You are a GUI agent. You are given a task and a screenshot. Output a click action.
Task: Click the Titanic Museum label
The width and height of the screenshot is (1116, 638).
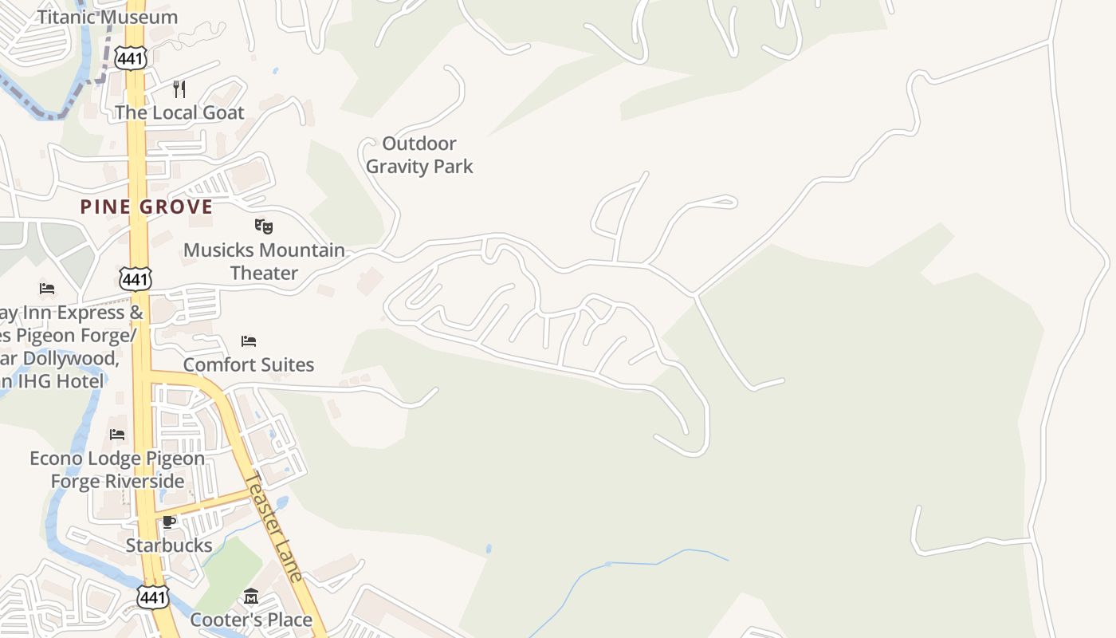pos(108,17)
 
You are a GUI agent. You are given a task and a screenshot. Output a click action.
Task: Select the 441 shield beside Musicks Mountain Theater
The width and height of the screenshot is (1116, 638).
pos(136,278)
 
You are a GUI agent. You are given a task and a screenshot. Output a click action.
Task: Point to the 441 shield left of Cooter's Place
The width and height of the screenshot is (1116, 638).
pos(152,597)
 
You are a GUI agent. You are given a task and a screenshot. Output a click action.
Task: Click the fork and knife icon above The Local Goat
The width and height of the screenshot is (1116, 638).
pos(179,89)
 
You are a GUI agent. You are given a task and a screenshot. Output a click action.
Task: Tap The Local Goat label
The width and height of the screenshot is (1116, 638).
pos(179,112)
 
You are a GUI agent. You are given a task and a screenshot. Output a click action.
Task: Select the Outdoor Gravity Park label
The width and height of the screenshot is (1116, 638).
pos(419,155)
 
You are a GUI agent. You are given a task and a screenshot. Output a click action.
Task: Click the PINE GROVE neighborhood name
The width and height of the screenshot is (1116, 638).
pos(147,207)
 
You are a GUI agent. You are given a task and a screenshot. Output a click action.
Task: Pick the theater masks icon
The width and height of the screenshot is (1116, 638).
pos(264,226)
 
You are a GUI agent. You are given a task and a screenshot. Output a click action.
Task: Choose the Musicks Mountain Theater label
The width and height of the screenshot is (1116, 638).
pos(264,262)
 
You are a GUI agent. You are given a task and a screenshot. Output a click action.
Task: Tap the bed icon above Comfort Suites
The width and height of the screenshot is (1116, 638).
pos(249,341)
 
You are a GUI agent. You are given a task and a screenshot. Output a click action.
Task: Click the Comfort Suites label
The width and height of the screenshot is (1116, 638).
pos(249,364)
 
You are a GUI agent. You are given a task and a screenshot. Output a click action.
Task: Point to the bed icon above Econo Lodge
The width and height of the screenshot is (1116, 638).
pos(117,435)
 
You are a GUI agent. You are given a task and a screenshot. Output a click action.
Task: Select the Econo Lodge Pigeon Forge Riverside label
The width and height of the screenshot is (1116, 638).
pos(117,470)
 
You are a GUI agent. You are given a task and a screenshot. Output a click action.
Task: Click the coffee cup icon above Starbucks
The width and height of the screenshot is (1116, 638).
pos(169,522)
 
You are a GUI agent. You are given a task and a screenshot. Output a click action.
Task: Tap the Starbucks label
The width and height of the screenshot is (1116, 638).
pos(169,545)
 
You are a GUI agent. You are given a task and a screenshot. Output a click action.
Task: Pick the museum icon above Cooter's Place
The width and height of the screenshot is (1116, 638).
pos(251,597)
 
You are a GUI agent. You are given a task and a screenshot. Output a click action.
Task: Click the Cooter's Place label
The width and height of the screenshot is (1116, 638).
pos(251,620)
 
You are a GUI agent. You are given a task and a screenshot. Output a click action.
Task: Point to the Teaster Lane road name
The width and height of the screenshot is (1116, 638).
pos(274,526)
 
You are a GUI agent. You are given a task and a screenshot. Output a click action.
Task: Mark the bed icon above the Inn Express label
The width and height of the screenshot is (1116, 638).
pos(47,289)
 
